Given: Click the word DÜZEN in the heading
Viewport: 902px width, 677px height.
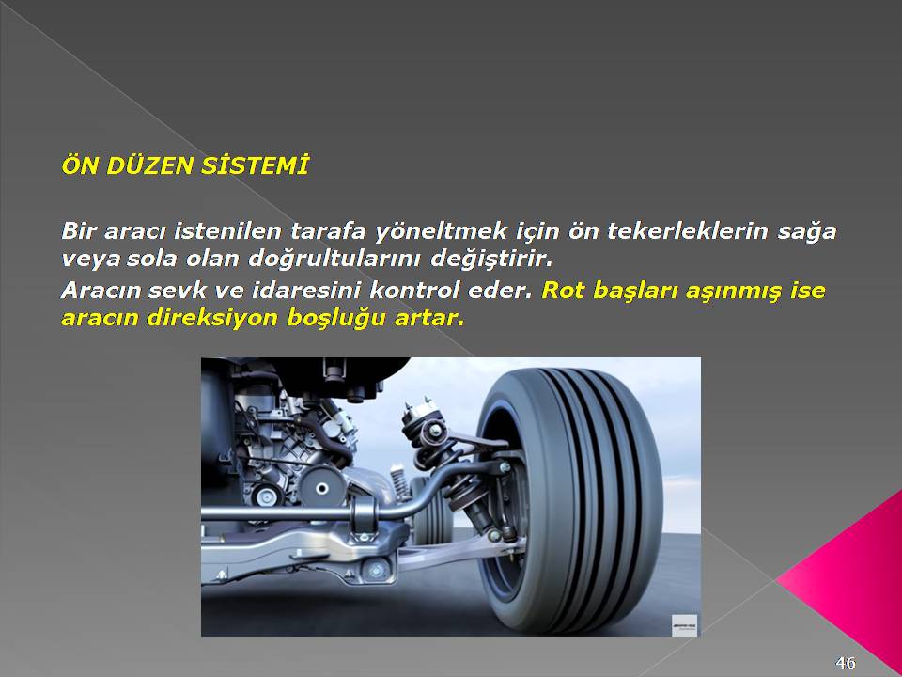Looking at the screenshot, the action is pyautogui.click(x=149, y=165).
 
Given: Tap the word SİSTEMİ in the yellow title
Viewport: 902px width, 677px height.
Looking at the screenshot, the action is pyautogui.click(x=255, y=165).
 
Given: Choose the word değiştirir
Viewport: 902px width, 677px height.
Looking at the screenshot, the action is pyautogui.click(x=491, y=260).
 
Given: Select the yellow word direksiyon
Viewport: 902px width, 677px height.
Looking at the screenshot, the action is pyautogui.click(x=212, y=318).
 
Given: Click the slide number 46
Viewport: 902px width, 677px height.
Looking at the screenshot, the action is pyautogui.click(x=846, y=663).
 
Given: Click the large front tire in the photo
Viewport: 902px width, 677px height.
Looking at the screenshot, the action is pyautogui.click(x=569, y=501).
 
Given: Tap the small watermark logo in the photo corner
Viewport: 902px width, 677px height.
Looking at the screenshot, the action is pyautogui.click(x=685, y=625).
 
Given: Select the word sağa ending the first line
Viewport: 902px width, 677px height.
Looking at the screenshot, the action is pyautogui.click(x=807, y=232).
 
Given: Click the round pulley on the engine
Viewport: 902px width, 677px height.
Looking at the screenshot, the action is pyautogui.click(x=322, y=488).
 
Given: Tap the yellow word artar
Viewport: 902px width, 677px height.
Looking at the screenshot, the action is pyautogui.click(x=429, y=318).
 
